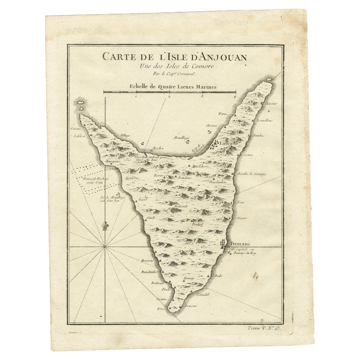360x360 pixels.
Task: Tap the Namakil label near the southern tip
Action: tap(202, 294)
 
